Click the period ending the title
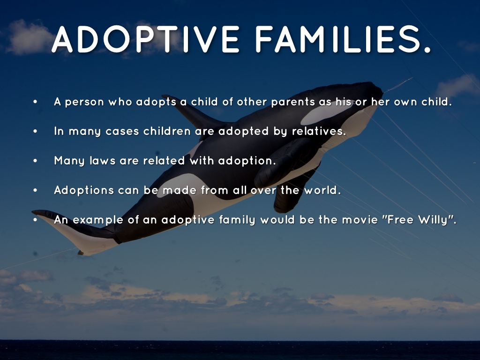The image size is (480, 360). click(x=427, y=49)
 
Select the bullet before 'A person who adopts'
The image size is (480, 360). click(x=35, y=102)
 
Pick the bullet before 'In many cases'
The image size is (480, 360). click(x=35, y=131)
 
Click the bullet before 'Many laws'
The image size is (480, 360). click(x=35, y=160)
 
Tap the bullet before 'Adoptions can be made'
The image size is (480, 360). click(x=35, y=190)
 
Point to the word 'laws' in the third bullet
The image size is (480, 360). click(x=103, y=160)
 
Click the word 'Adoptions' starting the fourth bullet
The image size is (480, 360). click(x=84, y=190)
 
